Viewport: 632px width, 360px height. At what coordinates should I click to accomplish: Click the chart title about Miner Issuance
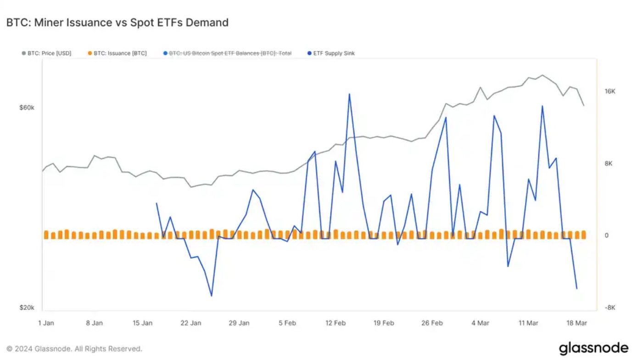(117, 22)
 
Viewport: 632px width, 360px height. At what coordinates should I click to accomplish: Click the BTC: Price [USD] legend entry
(46, 53)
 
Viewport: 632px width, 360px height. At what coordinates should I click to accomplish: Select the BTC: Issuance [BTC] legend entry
(117, 53)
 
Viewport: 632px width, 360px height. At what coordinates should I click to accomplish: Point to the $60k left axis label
(27, 107)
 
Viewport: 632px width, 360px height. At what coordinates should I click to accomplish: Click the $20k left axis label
(27, 308)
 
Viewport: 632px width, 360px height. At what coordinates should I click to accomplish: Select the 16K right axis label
(610, 91)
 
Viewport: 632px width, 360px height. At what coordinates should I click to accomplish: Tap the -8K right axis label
(610, 308)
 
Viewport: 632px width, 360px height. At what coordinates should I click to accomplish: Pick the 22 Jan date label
(190, 323)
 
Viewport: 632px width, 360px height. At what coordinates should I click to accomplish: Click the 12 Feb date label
(335, 323)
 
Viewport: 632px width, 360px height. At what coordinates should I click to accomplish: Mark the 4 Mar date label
(480, 323)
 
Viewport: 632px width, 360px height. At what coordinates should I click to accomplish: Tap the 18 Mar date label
(577, 323)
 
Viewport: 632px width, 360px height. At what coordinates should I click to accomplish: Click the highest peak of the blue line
(349, 94)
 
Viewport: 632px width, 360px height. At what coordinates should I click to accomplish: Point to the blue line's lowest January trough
(212, 296)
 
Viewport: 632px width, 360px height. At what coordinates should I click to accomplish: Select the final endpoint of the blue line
(576, 289)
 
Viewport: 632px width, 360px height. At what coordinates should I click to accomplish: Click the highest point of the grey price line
(542, 75)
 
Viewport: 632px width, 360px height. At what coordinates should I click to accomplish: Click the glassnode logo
(593, 348)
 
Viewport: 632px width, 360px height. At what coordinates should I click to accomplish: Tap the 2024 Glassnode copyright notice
(74, 349)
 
